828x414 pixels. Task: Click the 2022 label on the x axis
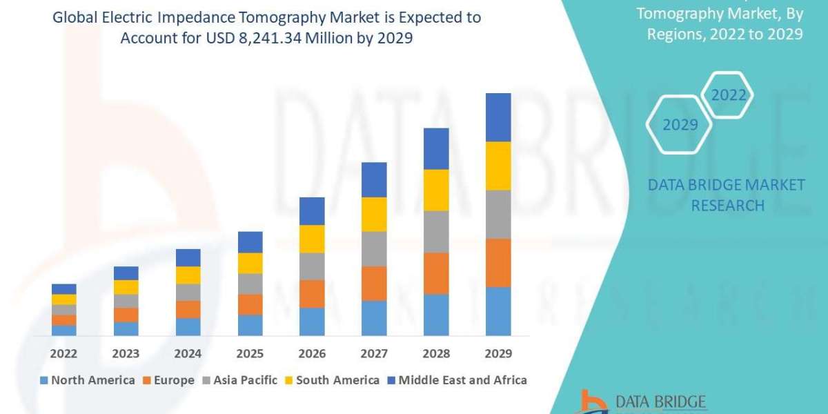pos(63,354)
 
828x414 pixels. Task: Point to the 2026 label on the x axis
pos(312,354)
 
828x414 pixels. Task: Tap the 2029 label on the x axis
pos(498,354)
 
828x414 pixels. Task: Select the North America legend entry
pos(88,380)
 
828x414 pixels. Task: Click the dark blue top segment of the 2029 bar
pos(498,117)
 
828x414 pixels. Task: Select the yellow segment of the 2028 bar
pos(436,190)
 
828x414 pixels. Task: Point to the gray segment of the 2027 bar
pos(374,248)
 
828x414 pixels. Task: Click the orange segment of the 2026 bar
pos(312,293)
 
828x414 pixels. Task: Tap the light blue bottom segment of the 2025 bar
pos(250,325)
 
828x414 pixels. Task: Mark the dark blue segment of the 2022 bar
pos(63,288)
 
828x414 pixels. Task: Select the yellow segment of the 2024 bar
pos(188,275)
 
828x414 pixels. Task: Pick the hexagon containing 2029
pos(680,125)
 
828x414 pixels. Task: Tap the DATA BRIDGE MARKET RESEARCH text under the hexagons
pos(727,195)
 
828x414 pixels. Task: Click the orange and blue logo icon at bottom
pos(595,402)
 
